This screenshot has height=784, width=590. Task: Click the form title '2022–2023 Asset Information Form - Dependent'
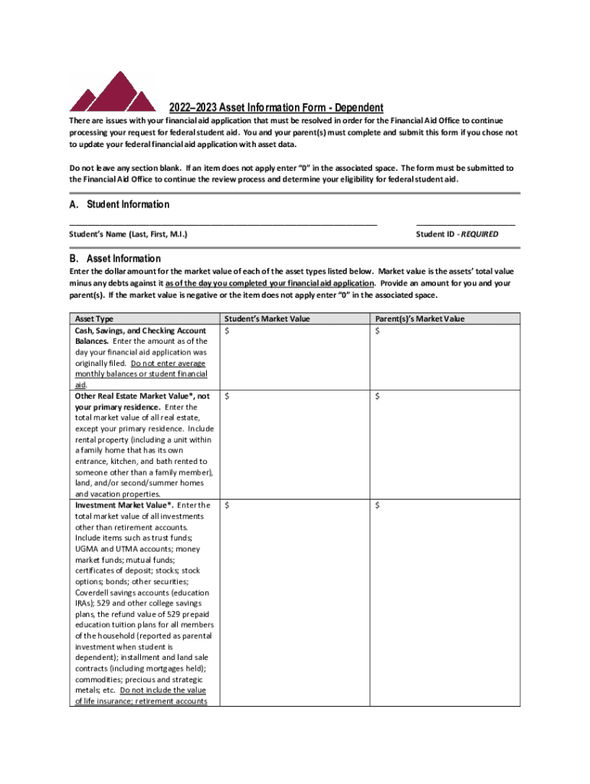pyautogui.click(x=276, y=108)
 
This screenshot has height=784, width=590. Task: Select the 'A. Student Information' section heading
pyautogui.click(x=119, y=204)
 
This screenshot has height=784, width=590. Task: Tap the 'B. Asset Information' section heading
pyautogui.click(x=115, y=259)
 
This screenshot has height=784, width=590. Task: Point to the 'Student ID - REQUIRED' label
pyautogui.click(x=457, y=234)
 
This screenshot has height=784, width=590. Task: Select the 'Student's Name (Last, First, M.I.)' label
pyautogui.click(x=129, y=234)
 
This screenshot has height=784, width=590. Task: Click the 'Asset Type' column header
pyautogui.click(x=93, y=318)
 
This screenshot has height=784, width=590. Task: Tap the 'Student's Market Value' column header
pyautogui.click(x=267, y=318)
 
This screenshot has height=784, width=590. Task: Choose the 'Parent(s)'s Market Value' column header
pyautogui.click(x=420, y=318)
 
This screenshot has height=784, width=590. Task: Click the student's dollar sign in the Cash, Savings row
pyautogui.click(x=226, y=330)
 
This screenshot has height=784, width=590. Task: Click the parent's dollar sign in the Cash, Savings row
pyautogui.click(x=378, y=330)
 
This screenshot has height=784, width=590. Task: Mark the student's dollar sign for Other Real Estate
pyautogui.click(x=226, y=396)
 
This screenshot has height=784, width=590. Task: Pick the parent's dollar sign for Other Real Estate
pyautogui.click(x=378, y=396)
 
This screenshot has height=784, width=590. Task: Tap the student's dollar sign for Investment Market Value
pyautogui.click(x=226, y=505)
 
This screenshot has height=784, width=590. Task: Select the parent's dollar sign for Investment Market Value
pyautogui.click(x=378, y=505)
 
